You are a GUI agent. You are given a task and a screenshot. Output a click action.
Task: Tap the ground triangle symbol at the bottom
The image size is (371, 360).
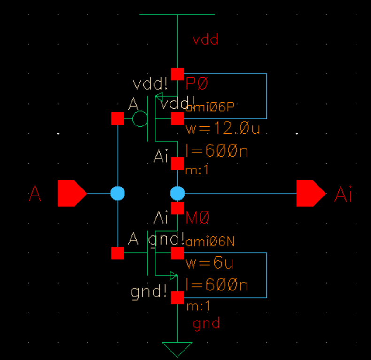coord(177,349)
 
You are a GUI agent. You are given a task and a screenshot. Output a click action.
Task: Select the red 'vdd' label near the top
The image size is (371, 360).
coord(206,39)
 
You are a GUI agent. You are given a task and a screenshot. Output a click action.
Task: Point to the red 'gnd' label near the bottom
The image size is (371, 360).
coord(206,323)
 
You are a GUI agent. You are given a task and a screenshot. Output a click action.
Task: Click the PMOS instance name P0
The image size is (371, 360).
coord(197,84)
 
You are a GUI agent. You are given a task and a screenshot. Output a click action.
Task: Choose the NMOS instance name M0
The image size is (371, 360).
coord(197,218)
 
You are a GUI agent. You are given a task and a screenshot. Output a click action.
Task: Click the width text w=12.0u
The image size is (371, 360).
coord(223,129)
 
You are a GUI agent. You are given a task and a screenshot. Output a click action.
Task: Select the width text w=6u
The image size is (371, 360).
coord(210,263)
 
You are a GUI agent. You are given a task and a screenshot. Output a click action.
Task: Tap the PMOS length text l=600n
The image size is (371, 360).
coord(217,151)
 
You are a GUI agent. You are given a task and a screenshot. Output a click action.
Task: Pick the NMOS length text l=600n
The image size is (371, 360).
coord(217,285)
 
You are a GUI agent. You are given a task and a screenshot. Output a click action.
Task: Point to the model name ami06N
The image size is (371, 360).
coord(210,242)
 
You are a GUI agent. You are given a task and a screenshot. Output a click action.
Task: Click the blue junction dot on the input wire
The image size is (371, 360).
coord(117,193)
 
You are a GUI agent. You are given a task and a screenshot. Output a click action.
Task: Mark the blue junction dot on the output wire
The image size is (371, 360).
coord(177,193)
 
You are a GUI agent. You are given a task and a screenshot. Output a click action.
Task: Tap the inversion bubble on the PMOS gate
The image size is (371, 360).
coord(139,119)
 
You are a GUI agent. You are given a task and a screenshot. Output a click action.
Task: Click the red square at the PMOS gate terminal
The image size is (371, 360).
coord(117,119)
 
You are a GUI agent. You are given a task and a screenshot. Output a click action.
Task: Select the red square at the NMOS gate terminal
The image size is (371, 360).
coord(117,253)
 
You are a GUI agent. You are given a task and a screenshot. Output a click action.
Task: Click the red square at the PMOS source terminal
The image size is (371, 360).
coord(177,74)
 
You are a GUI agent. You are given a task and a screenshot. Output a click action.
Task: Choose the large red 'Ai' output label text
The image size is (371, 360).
coord(343,194)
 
